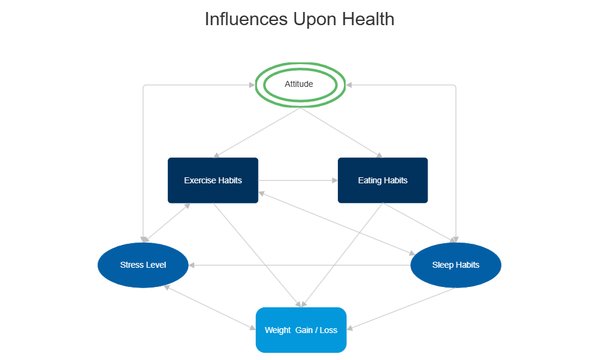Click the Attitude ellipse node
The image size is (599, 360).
pos(299,84)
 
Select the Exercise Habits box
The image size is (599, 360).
pos(213,180)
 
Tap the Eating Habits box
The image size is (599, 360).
pos(383,180)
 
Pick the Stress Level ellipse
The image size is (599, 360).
pos(143,265)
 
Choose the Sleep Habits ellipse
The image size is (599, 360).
pos(455,265)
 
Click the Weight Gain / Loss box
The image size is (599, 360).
pos(301,330)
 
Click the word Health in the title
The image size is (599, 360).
pos(368,19)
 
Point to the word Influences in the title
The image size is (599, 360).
pos(246,19)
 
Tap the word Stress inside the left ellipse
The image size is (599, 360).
pos(131,265)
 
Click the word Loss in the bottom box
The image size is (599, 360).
pos(328,330)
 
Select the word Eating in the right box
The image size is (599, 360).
pos(370,180)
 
